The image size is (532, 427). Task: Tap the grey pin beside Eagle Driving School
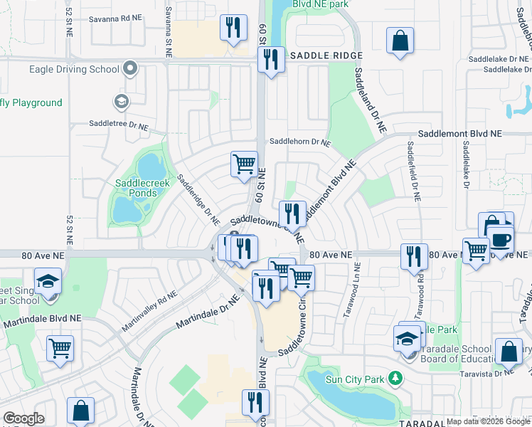[129, 68]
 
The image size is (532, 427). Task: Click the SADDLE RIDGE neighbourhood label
[326, 56]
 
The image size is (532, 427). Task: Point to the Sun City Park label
[353, 379]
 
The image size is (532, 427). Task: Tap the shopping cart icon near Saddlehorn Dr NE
[244, 164]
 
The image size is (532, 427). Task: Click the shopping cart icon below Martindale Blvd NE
[60, 349]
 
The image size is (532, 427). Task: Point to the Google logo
[23, 418]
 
